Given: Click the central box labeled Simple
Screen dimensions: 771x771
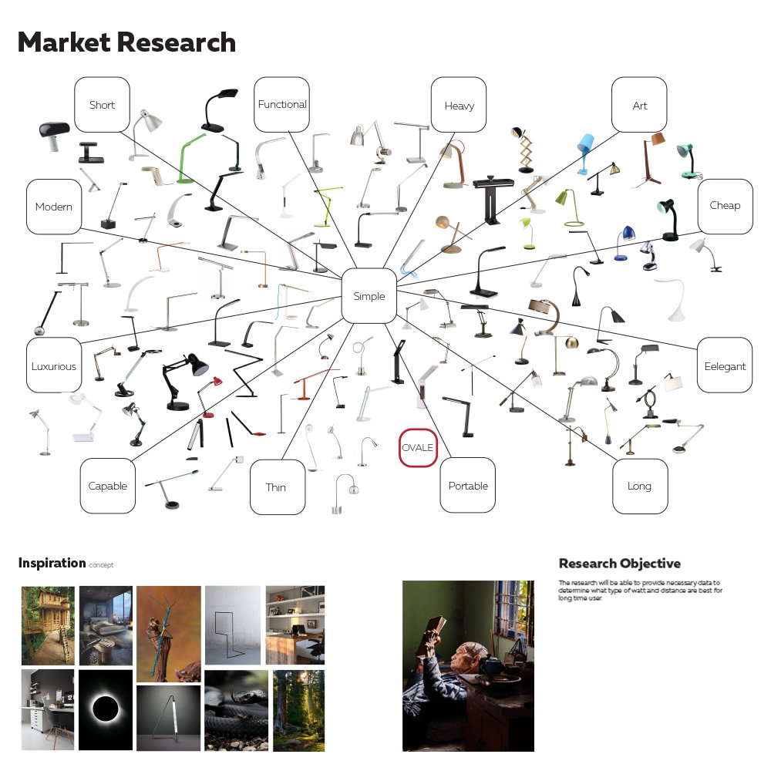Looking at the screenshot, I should pyautogui.click(x=369, y=296).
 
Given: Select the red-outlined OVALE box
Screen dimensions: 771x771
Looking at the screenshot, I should pyautogui.click(x=418, y=448).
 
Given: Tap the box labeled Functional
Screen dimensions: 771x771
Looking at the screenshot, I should pyautogui.click(x=282, y=104).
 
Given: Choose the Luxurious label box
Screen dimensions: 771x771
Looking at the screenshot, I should pyautogui.click(x=54, y=365).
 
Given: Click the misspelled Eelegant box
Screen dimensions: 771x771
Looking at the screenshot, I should pyautogui.click(x=725, y=365).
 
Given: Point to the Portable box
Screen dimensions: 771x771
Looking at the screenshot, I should pyautogui.click(x=468, y=486).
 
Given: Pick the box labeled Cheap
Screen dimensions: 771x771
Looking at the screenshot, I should pyautogui.click(x=725, y=206).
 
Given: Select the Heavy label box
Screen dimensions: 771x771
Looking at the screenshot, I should pyautogui.click(x=459, y=105).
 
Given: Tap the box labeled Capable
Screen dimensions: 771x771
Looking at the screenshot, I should pyautogui.click(x=108, y=486).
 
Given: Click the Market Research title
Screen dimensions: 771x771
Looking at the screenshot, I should pyautogui.click(x=126, y=42).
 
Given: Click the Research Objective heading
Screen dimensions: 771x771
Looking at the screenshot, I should pyautogui.click(x=619, y=564).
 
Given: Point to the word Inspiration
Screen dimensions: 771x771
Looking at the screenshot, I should pyautogui.click(x=52, y=563).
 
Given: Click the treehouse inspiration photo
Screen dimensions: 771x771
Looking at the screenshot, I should pyautogui.click(x=48, y=625).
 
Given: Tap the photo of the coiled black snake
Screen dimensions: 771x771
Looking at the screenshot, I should pyautogui.click(x=236, y=710).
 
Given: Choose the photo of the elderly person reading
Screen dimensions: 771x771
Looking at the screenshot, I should pyautogui.click(x=468, y=665).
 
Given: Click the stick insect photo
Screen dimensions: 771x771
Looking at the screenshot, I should pyautogui.click(x=168, y=633).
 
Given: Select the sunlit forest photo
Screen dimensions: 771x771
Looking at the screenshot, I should pyautogui.click(x=298, y=710).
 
